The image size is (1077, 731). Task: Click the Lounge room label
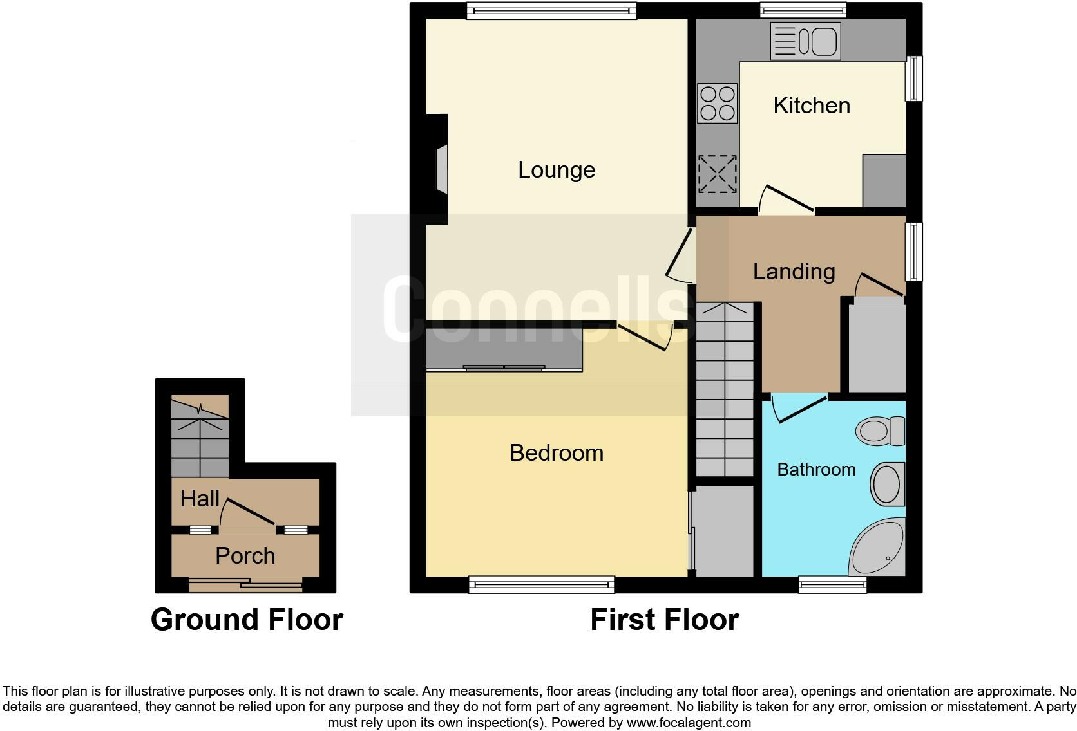pos(557,170)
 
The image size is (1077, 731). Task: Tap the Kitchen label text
pos(811,106)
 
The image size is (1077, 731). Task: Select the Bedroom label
pos(557,453)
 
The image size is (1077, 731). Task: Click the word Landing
pos(794,271)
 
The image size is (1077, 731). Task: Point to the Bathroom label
pos(816,469)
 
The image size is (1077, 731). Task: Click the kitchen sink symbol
pos(805,41)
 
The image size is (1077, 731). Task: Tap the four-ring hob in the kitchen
pos(718,103)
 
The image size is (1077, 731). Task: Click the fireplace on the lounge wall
pos(441,169)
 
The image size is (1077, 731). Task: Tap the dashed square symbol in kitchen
pos(717,174)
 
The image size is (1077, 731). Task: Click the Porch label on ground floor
pos(245,555)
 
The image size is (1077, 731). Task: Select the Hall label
pos(200,498)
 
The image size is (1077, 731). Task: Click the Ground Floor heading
pos(247,620)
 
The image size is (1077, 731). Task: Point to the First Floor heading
pos(664,620)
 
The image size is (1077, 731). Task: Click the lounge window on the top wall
pos(551,10)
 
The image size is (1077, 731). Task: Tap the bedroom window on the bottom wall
pos(541,584)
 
